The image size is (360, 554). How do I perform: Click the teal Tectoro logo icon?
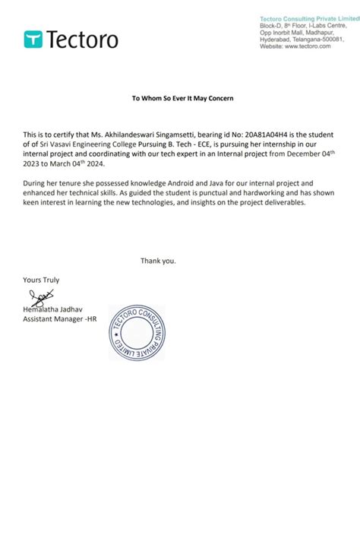33,39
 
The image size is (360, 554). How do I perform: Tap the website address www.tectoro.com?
308,46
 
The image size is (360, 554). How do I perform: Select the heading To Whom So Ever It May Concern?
183,99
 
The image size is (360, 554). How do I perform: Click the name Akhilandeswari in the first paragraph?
139,134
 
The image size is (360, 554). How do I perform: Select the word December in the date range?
292,154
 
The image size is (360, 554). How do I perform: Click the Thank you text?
158,261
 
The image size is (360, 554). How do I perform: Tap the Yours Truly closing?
41,280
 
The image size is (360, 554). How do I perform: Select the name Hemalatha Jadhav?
55,309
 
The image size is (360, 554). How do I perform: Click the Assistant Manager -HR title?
60,319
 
